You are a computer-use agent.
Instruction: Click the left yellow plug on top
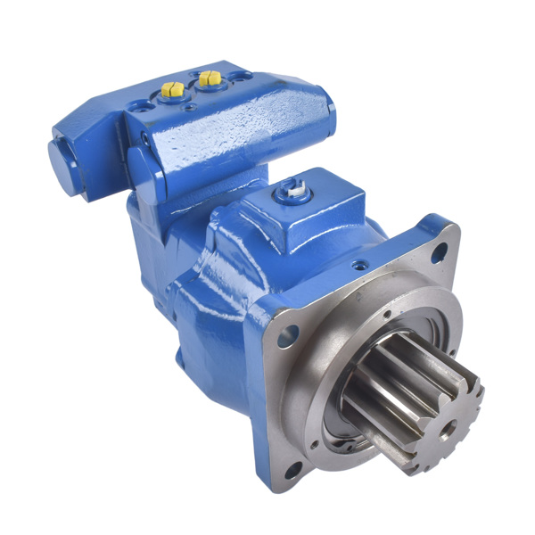tap(172, 88)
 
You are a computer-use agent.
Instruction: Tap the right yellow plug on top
tap(210, 78)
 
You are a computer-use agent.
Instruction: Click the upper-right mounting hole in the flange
tap(439, 253)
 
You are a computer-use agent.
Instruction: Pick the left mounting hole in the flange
tap(289, 336)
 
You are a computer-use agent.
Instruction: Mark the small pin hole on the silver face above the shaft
tap(387, 313)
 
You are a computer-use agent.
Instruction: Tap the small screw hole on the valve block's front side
tap(144, 138)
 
